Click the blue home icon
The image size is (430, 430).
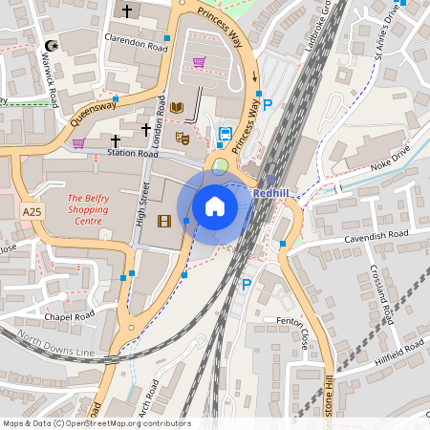coord(215,205)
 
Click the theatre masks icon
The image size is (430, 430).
coord(182,139)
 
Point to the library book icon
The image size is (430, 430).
coord(177,107)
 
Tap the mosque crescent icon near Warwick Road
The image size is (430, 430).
coord(51,46)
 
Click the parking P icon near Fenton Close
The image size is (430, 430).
coord(246,284)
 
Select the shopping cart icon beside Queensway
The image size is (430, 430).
coord(78,143)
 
